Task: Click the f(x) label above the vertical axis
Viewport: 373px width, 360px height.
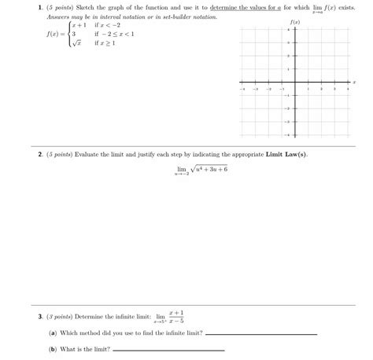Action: point(295,22)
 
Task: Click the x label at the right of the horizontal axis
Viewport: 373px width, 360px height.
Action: point(355,81)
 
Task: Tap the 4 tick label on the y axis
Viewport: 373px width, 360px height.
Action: point(289,29)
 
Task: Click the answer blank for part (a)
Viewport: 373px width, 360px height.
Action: point(260,334)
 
